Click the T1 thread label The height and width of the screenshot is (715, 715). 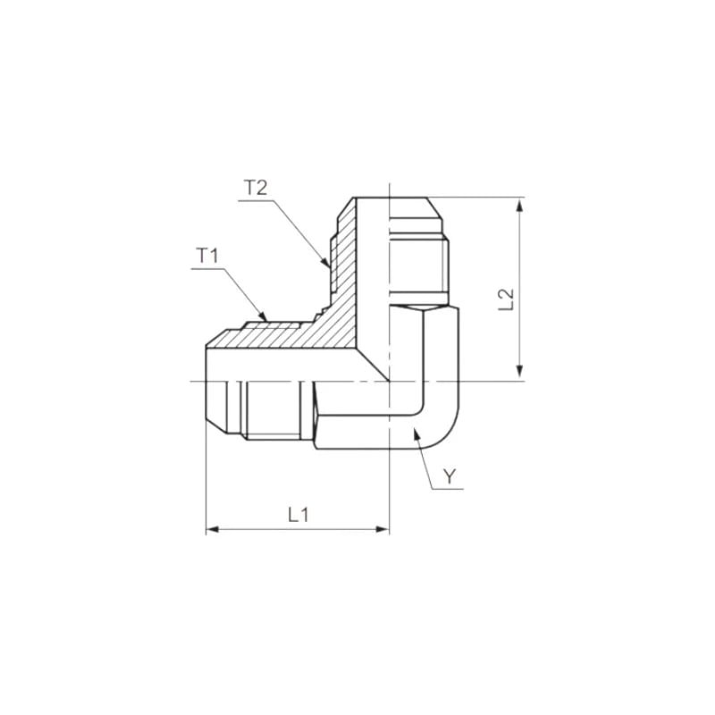pyautogui.click(x=208, y=256)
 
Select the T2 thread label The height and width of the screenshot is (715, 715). pyautogui.click(x=256, y=189)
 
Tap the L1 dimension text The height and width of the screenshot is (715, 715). pyautogui.click(x=298, y=515)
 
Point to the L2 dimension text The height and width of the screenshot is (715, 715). pyautogui.click(x=506, y=299)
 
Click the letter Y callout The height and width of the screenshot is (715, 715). pyautogui.click(x=450, y=477)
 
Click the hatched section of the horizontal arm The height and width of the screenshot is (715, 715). pyautogui.click(x=268, y=337)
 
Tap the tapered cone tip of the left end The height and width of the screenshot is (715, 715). pyautogui.click(x=214, y=382)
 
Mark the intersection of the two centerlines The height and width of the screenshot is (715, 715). pyautogui.click(x=389, y=382)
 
